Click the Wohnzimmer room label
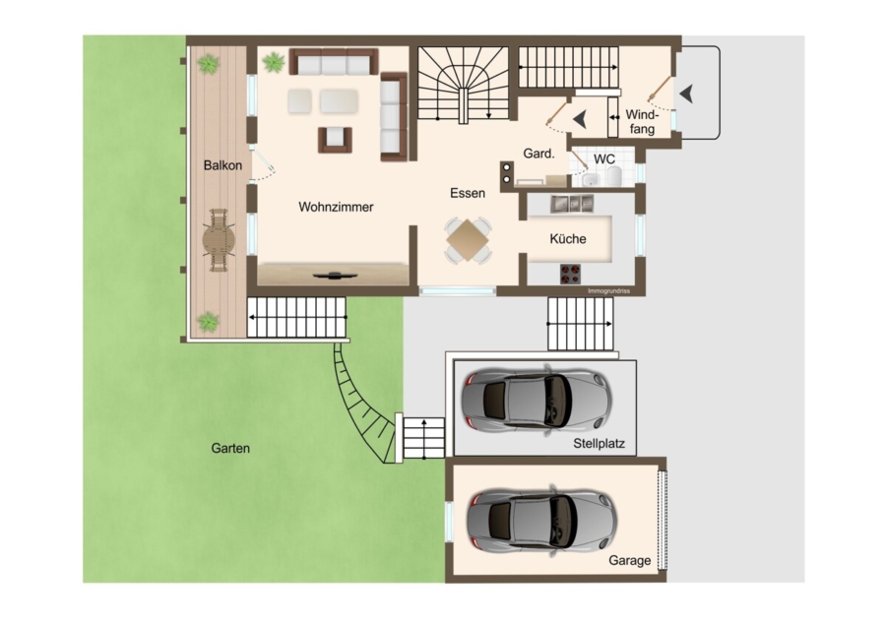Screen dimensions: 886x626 [336, 207]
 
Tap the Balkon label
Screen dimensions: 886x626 [222, 165]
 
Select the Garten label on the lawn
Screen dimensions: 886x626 [230, 448]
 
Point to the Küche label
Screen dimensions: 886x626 [567, 238]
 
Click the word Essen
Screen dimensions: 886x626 [468, 193]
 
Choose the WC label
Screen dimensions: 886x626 [604, 159]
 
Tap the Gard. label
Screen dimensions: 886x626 [538, 154]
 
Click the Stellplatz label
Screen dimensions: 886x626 [599, 444]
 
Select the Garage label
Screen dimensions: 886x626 [629, 560]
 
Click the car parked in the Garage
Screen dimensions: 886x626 [541, 520]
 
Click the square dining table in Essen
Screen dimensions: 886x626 [468, 240]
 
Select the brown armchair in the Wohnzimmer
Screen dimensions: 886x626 [335, 139]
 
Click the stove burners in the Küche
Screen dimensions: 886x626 [571, 274]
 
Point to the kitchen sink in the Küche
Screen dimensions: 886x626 [572, 204]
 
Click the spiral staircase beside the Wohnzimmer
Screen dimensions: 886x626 [464, 85]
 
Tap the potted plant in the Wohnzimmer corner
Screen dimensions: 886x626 [274, 62]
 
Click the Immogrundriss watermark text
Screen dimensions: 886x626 [608, 291]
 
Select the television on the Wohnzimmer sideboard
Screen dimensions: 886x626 [335, 276]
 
